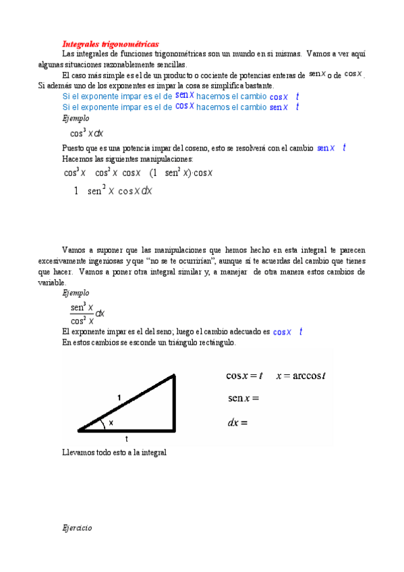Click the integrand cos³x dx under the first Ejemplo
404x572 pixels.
pos(87,133)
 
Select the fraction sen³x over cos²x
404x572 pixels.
pos(82,314)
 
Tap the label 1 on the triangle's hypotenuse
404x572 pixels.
pos(119,399)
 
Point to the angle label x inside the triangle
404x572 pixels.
pos(111,422)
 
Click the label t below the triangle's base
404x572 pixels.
pos(127,438)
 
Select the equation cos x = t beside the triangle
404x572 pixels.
pos(244,376)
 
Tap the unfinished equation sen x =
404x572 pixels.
pos(243,399)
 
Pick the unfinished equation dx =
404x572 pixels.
pos(238,423)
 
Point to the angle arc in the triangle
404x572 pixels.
pos(102,424)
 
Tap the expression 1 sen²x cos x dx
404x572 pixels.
pos(113,191)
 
